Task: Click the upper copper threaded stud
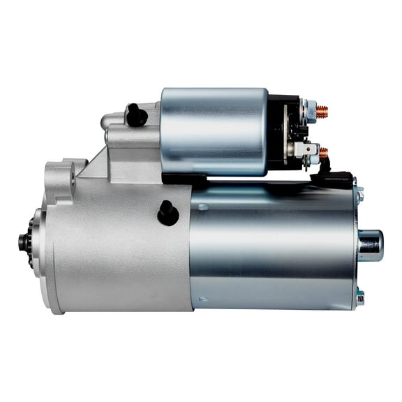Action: click(322, 111)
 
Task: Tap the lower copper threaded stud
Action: click(323, 151)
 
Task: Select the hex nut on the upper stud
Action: click(310, 110)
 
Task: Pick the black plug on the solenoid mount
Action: click(135, 114)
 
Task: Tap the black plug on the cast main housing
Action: click(168, 213)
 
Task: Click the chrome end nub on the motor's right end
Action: click(370, 244)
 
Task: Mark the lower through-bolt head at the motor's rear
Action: click(359, 298)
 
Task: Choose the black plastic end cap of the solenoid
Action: click(283, 133)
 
